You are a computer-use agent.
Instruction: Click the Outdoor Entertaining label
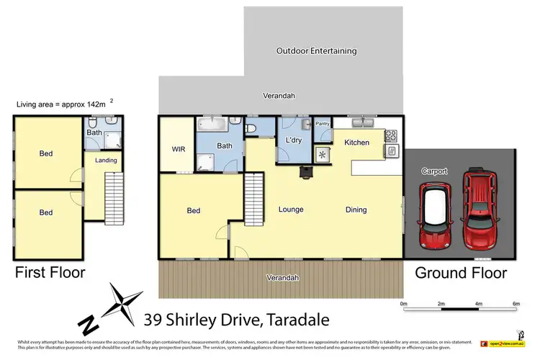pyautogui.click(x=317, y=51)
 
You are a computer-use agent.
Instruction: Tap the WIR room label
pyautogui.click(x=179, y=150)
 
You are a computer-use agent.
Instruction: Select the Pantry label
pyautogui.click(x=323, y=124)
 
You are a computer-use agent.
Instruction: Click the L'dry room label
pyautogui.click(x=293, y=140)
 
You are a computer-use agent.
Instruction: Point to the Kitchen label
pyautogui.click(x=356, y=143)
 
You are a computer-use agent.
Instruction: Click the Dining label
pyautogui.click(x=356, y=210)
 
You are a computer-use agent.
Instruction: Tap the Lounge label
pyautogui.click(x=291, y=210)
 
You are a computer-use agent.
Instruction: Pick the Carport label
pyautogui.click(x=435, y=172)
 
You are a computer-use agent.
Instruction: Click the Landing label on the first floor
pyautogui.click(x=106, y=160)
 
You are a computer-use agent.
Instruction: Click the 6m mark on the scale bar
pyautogui.click(x=516, y=304)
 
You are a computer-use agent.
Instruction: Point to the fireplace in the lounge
pyautogui.click(x=306, y=171)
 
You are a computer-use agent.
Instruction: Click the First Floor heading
pyautogui.click(x=50, y=273)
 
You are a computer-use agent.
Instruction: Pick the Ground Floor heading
pyautogui.click(x=461, y=273)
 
